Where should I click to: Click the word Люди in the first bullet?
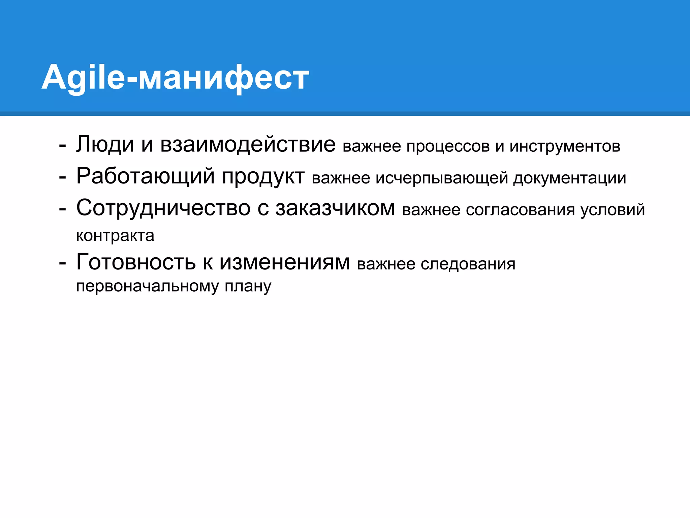click(105, 144)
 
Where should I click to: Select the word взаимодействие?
click(248, 144)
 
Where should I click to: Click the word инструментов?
click(565, 146)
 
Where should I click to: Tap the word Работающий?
click(145, 176)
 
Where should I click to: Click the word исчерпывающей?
click(442, 178)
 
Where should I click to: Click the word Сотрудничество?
click(163, 208)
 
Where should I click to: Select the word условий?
click(613, 210)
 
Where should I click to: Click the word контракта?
click(115, 236)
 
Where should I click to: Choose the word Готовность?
click(136, 262)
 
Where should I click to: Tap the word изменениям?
click(285, 262)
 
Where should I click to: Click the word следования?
click(468, 264)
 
